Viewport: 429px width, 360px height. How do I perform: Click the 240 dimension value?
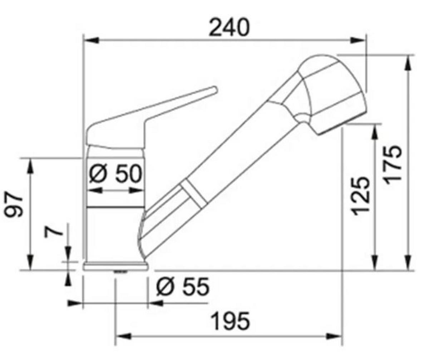[x=229, y=28]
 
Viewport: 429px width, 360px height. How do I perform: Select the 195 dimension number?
[x=230, y=321]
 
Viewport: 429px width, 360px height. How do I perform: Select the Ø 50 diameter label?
[x=115, y=174]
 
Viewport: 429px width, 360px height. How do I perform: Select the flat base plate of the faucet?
[x=115, y=266]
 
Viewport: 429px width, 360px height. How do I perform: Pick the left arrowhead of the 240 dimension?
[x=90, y=40]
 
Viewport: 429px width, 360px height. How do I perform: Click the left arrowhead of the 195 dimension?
[x=123, y=336]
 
